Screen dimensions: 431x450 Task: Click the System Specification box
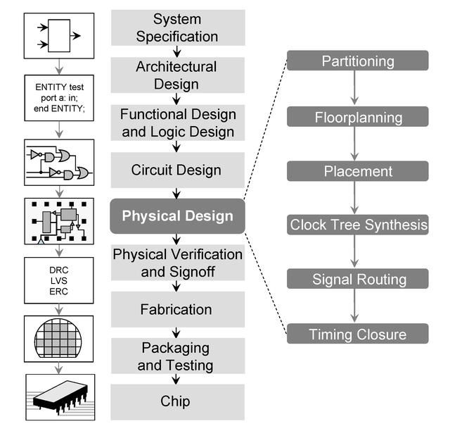point(177,27)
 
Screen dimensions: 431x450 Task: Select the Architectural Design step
point(177,75)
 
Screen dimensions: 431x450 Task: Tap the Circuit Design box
point(177,170)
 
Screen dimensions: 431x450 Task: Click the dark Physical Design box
point(177,216)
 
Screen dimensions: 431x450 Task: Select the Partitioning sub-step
point(358,61)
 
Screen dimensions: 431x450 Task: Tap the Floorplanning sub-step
point(358,117)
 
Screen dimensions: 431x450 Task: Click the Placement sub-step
point(358,171)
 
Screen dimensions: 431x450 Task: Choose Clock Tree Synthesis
point(358,225)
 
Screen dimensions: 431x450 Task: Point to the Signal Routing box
point(358,279)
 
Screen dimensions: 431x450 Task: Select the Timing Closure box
point(358,334)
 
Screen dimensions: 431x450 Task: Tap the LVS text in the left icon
point(59,281)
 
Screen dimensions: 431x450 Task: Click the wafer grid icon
point(59,337)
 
